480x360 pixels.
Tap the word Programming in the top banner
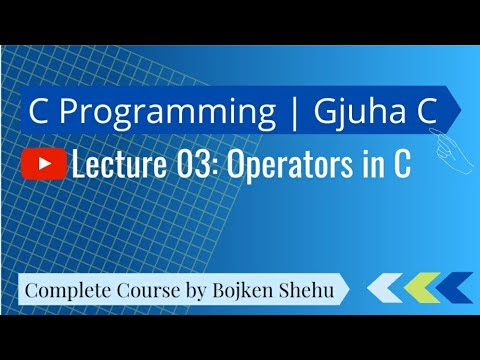[165, 112]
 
